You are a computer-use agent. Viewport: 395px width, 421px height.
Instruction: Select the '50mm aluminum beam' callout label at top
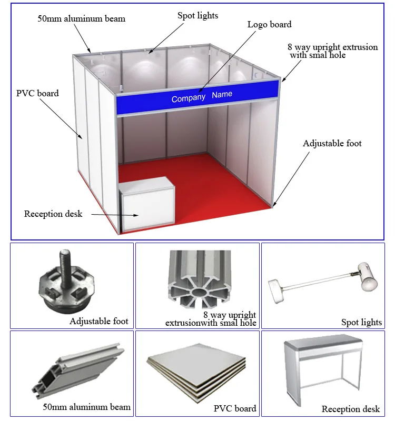tap(81, 19)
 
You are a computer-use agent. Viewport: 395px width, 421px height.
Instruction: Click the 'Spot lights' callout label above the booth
tap(197, 16)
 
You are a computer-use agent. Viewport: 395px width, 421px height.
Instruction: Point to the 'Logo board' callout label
tap(269, 24)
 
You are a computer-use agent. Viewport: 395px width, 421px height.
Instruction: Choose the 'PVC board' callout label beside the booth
tap(37, 93)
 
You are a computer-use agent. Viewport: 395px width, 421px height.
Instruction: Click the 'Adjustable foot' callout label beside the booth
tap(332, 143)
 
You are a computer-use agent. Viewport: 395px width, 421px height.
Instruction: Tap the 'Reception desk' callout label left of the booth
tap(53, 214)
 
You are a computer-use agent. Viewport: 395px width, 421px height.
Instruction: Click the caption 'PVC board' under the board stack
tap(235, 408)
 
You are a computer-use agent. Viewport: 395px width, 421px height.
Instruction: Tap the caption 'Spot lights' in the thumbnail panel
tap(361, 322)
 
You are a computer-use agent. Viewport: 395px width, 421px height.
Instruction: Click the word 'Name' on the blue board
tap(222, 95)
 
